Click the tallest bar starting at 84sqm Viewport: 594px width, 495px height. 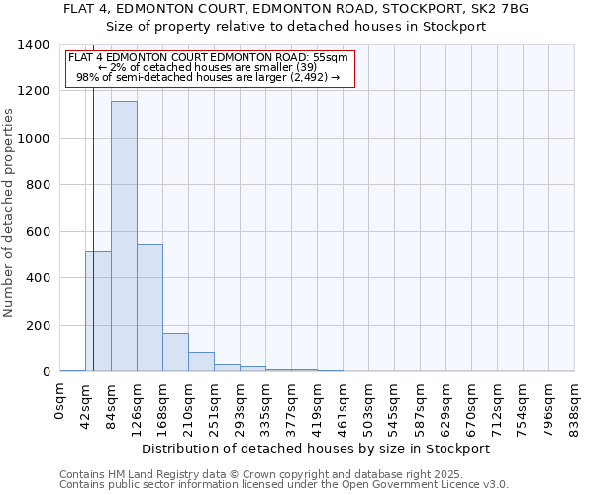pyautogui.click(x=124, y=238)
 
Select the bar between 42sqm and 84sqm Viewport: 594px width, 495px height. pyautogui.click(x=98, y=312)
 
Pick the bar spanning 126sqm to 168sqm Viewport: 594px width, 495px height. pyautogui.click(x=149, y=308)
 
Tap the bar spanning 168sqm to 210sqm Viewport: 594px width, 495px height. pyautogui.click(x=175, y=352)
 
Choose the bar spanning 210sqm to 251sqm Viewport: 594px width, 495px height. pyautogui.click(x=201, y=362)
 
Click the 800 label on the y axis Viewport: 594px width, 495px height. pyautogui.click(x=38, y=185)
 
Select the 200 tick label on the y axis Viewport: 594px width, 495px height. pyautogui.click(x=38, y=326)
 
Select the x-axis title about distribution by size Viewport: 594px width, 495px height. pyautogui.click(x=316, y=448)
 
